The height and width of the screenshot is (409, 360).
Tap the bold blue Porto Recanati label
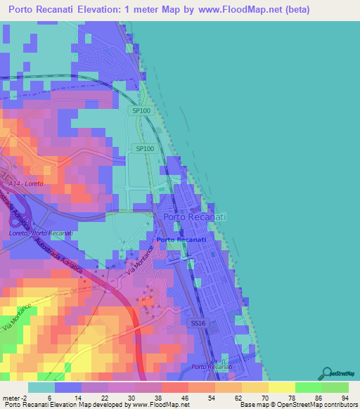(181, 240)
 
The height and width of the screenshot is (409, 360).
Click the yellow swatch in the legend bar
(281, 387)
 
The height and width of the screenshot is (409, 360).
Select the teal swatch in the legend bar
(41, 387)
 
